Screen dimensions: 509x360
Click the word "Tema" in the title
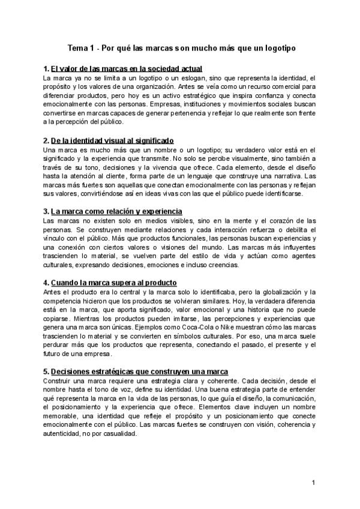pos(77,47)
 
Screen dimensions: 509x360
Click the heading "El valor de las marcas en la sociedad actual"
pos(127,69)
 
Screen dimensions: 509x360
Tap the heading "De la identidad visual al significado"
pos(112,140)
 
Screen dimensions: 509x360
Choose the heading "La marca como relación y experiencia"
pos(116,211)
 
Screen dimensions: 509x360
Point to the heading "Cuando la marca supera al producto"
pos(114,282)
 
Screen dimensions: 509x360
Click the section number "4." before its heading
pos(47,282)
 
